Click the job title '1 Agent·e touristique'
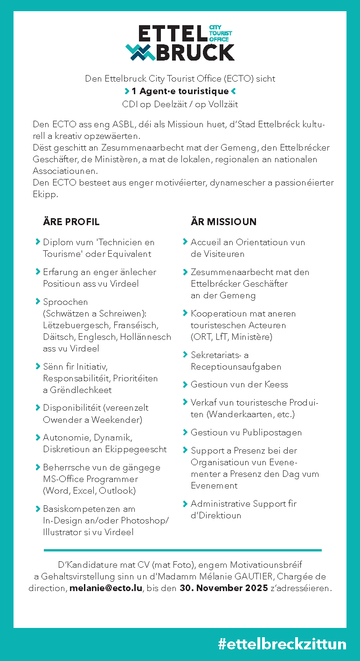(x=180, y=91)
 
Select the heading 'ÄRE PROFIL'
(x=71, y=221)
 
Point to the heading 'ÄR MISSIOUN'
(x=223, y=221)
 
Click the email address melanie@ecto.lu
(x=106, y=588)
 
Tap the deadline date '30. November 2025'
(x=224, y=588)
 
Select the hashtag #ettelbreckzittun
(x=282, y=644)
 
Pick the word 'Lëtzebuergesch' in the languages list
(x=73, y=325)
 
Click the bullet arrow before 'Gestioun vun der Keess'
(x=185, y=385)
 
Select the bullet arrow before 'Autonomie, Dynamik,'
(x=38, y=437)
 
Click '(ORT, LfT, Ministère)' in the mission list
(x=231, y=337)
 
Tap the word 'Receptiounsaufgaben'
(x=236, y=367)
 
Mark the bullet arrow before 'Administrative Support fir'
(x=185, y=503)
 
